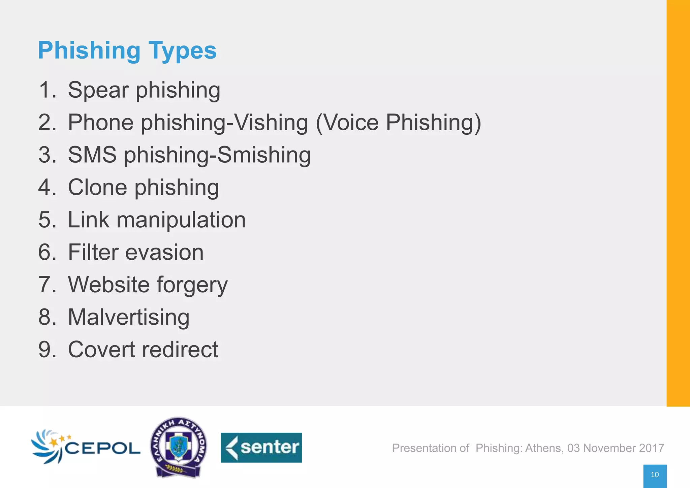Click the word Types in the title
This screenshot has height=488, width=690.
pos(182,51)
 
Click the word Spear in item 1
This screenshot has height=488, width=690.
pos(98,90)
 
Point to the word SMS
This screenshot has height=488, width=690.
pos(92,155)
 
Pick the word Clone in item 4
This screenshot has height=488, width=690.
pos(97,187)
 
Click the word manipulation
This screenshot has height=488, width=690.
pos(181,220)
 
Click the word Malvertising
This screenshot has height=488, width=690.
pos(129,317)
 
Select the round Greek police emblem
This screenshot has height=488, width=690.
pos(179,447)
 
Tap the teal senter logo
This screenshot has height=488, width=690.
pos(261,448)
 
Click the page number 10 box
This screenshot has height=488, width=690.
pos(655,475)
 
